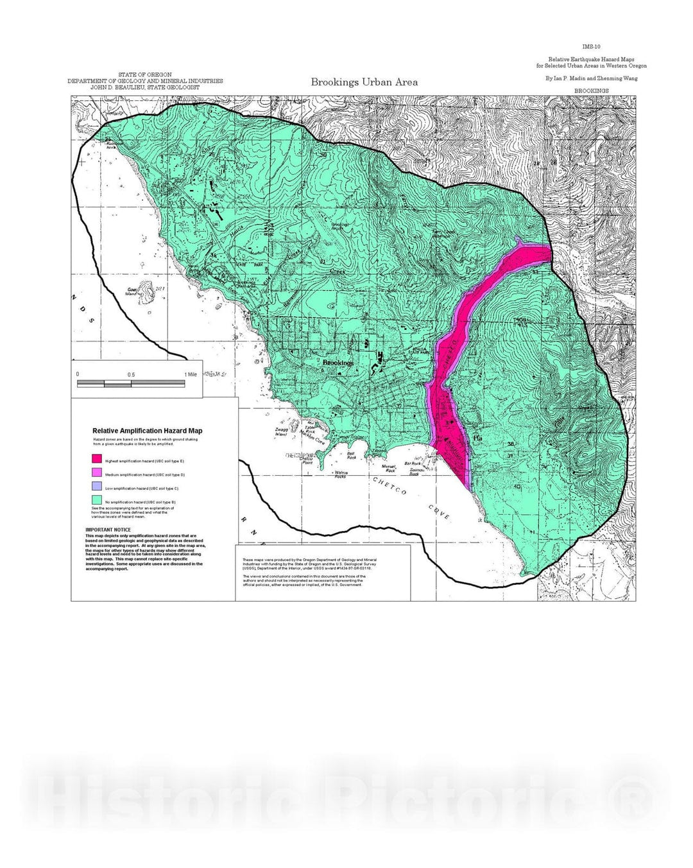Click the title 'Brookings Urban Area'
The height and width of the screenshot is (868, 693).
coord(364,82)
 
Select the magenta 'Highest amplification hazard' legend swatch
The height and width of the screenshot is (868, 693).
coord(97,459)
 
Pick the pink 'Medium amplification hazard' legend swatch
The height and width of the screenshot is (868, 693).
coord(97,473)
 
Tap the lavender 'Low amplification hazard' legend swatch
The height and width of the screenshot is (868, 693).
coord(97,487)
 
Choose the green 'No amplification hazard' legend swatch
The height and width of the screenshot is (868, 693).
coord(97,500)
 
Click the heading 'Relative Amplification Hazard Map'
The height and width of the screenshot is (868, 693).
coord(147,431)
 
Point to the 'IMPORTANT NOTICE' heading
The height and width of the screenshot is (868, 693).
coord(108,530)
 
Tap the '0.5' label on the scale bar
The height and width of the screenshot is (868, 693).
coord(131,374)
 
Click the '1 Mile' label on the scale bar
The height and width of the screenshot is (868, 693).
coord(191,374)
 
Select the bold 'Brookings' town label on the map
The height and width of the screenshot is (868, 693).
coord(338,363)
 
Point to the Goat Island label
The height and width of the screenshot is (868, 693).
coord(132,291)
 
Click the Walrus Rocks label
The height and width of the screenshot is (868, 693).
coord(341,474)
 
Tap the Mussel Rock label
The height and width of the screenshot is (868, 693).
coord(389,469)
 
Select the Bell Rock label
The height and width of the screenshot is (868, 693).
coord(352,455)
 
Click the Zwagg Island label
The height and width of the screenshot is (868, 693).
coord(280,432)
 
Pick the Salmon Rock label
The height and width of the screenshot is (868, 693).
coord(418,471)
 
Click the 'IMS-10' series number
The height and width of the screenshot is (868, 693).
coord(591,47)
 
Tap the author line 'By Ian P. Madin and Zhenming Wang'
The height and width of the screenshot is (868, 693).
coord(591,78)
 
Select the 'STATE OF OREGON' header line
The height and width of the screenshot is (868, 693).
coord(145,75)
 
